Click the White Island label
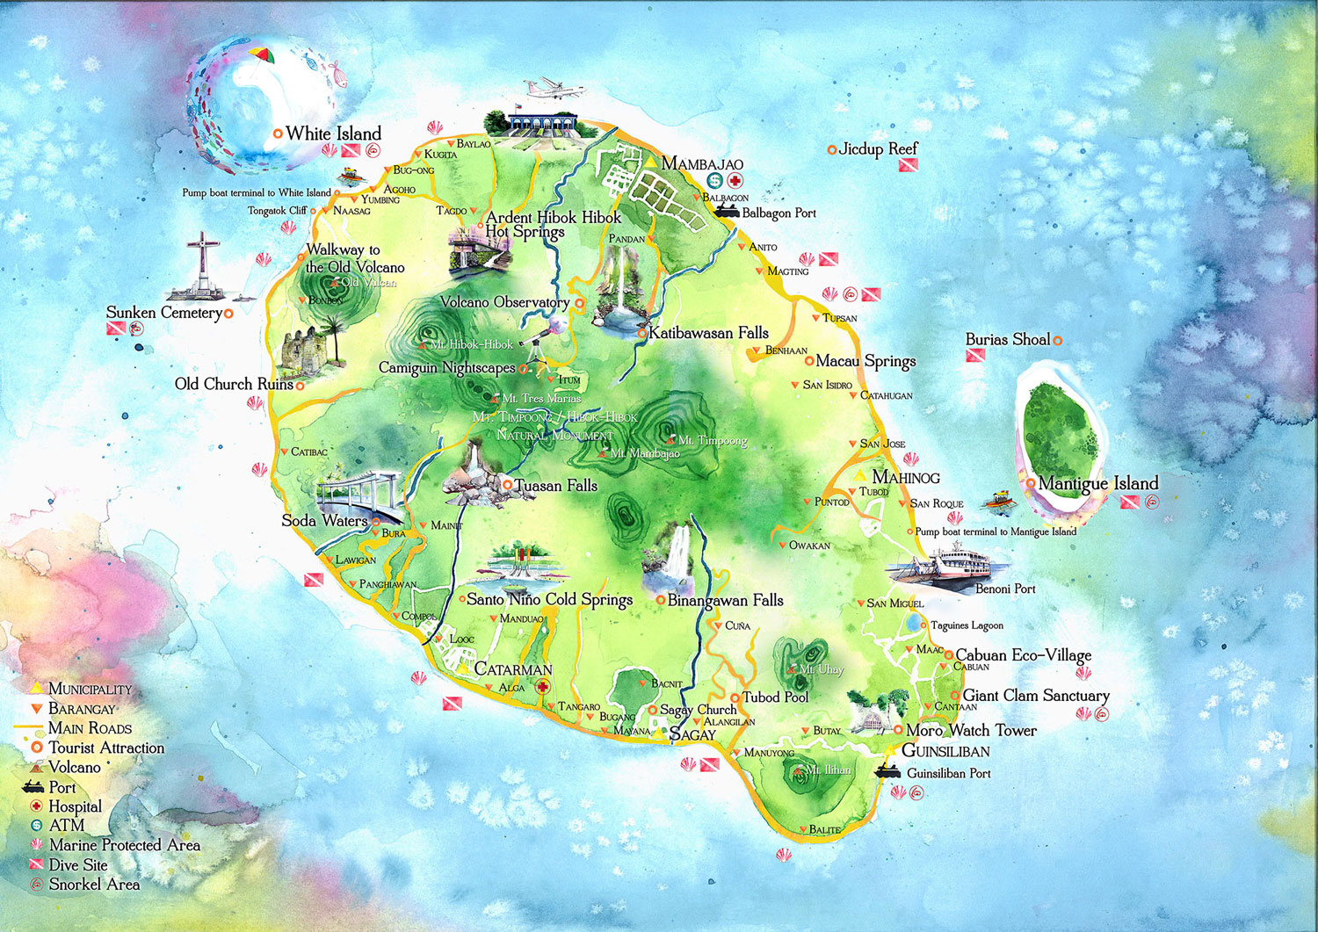click(x=333, y=134)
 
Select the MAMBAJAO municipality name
click(x=702, y=163)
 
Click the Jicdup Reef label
click(x=878, y=148)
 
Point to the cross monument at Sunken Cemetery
click(x=204, y=264)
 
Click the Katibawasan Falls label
click(x=708, y=333)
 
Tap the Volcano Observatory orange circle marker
click(x=579, y=303)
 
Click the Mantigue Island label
click(x=1097, y=483)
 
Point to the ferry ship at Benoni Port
click(x=953, y=561)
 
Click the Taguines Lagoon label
click(x=967, y=625)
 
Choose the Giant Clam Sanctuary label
click(x=1036, y=696)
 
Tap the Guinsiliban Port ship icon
click(x=887, y=772)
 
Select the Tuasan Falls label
click(x=555, y=485)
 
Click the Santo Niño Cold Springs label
click(x=549, y=599)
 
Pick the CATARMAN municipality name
click(x=513, y=669)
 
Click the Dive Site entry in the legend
click(x=78, y=864)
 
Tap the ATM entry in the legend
click(x=67, y=825)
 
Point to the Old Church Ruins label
click(x=234, y=384)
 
